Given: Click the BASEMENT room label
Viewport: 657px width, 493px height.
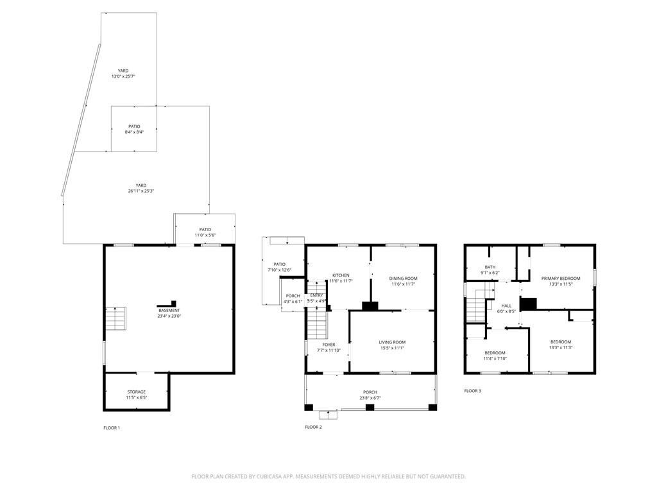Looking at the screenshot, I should (x=169, y=311).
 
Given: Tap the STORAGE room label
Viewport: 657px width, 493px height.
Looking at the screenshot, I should (x=136, y=392).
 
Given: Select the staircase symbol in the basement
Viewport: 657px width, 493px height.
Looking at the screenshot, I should (x=116, y=318).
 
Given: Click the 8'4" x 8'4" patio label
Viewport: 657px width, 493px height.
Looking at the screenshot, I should (x=134, y=126).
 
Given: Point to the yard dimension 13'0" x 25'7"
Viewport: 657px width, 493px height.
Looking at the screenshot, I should (x=123, y=76).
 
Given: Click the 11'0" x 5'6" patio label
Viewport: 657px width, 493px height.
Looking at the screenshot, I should (x=205, y=235).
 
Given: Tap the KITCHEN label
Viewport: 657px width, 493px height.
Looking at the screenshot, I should (x=340, y=275).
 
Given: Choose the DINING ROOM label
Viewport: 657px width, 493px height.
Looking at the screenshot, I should (x=403, y=279).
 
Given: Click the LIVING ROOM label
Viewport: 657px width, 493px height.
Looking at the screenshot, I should (x=392, y=342).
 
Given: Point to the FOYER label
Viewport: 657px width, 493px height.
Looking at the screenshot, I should (x=328, y=345).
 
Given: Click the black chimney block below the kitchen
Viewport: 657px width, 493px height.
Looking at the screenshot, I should (x=370, y=306).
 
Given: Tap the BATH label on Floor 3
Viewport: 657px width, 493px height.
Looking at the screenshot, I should (x=490, y=267).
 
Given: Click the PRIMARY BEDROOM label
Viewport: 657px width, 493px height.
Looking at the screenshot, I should (x=560, y=279).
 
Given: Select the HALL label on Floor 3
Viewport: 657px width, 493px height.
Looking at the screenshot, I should (x=506, y=306).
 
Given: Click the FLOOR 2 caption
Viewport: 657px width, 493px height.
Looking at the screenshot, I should (x=313, y=427).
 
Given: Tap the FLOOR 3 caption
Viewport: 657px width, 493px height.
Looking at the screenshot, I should (x=472, y=390).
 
